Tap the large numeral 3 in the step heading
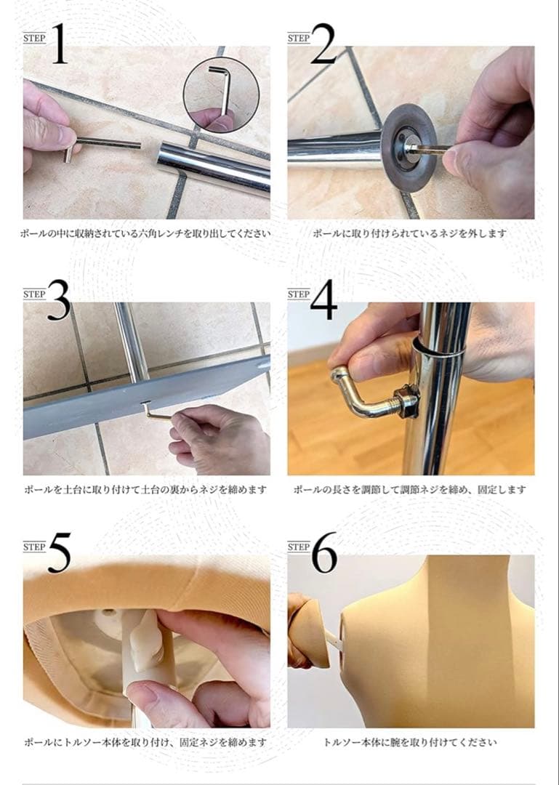coord(58,299)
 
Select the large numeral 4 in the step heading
coord(323,299)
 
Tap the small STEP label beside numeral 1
coord(34,38)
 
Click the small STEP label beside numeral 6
coord(299,547)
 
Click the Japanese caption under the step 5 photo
coord(145,743)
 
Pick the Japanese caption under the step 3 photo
coord(145,489)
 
